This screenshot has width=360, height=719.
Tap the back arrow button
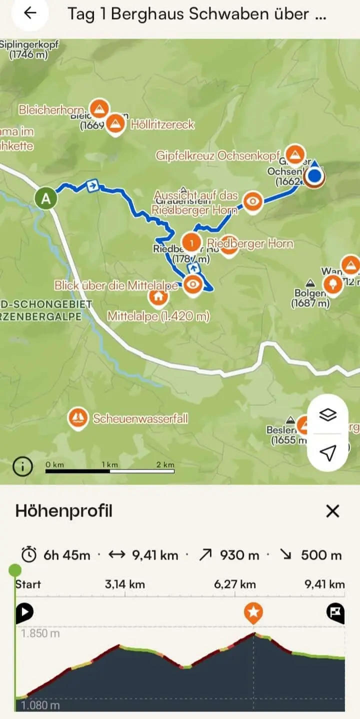click(x=30, y=13)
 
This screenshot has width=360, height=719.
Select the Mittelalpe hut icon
click(x=158, y=296)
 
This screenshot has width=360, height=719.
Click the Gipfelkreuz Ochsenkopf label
click(x=217, y=155)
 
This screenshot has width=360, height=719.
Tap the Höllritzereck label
click(x=162, y=124)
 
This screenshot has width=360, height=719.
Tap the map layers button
click(x=327, y=414)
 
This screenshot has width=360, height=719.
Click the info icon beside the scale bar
click(x=22, y=467)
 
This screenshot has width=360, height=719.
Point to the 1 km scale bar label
click(x=110, y=464)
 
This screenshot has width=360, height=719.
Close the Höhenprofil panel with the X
click(x=332, y=511)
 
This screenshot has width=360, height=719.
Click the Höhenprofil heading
click(x=64, y=511)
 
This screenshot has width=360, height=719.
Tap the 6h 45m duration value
click(x=66, y=555)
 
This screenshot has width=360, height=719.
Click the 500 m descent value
click(x=321, y=555)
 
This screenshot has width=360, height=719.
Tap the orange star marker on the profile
click(x=253, y=611)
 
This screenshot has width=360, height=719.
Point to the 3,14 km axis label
click(x=124, y=584)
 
